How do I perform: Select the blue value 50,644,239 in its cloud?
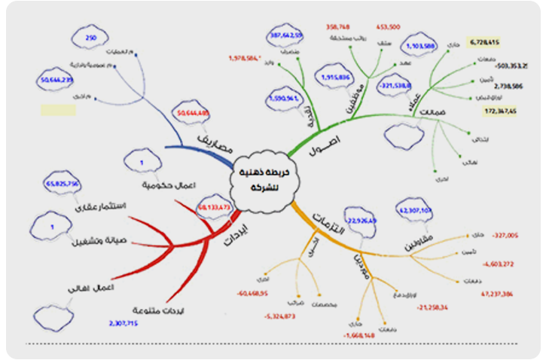pos(56,81)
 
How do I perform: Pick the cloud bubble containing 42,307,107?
pos(415,212)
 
